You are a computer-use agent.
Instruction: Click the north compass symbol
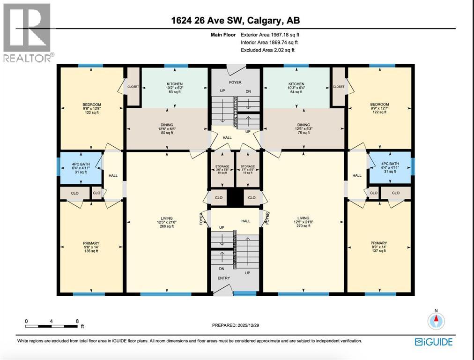[x=436, y=321]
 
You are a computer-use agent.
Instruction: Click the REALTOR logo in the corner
[x=27, y=33]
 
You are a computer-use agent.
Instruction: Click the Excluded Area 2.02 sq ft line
[x=267, y=50]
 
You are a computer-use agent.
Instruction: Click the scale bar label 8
[x=77, y=321]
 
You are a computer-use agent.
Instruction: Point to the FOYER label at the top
[x=235, y=82]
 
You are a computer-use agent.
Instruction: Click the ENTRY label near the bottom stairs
[x=223, y=278]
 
